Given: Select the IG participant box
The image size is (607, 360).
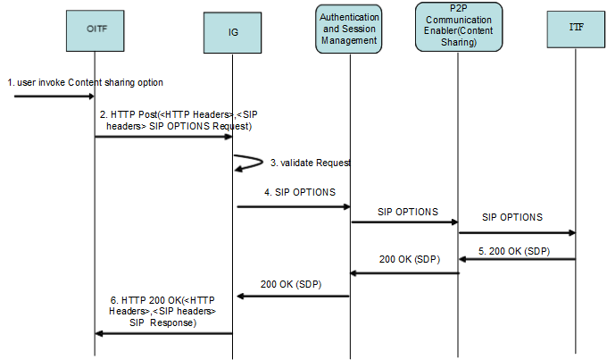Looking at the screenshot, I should (232, 32).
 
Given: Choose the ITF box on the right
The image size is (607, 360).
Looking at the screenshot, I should (575, 29).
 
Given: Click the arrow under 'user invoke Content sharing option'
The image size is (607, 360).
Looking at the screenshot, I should (54, 96).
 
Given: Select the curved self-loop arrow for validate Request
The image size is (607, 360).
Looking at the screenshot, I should (243, 162).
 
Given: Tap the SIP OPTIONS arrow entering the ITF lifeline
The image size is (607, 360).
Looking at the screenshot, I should (517, 233).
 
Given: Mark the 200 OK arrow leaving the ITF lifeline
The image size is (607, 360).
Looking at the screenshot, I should (517, 259).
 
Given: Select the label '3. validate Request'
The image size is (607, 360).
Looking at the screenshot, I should (309, 163).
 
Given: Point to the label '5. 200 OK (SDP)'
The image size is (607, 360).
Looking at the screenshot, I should (513, 250).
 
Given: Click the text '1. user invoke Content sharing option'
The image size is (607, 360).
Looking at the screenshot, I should (86, 82).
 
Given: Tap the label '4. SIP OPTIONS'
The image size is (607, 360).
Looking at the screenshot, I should (300, 192).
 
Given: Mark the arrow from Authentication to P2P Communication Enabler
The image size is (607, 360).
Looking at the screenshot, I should (403, 222).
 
